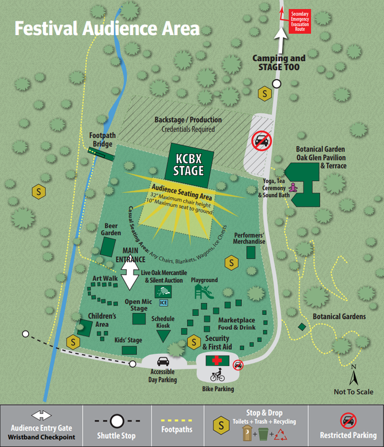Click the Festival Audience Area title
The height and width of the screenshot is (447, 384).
(x=107, y=28)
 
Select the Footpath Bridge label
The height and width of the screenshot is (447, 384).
(x=102, y=140)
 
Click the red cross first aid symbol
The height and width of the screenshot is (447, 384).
(x=217, y=361)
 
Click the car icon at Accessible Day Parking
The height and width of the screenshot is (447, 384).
(x=163, y=361)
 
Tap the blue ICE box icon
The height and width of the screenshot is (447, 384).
(x=162, y=302)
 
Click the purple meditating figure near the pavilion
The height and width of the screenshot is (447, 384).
(x=294, y=187)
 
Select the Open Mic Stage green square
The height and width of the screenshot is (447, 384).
(x=139, y=319)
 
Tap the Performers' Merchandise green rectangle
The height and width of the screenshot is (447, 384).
(x=251, y=252)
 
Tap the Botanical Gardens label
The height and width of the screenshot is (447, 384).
(x=339, y=316)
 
